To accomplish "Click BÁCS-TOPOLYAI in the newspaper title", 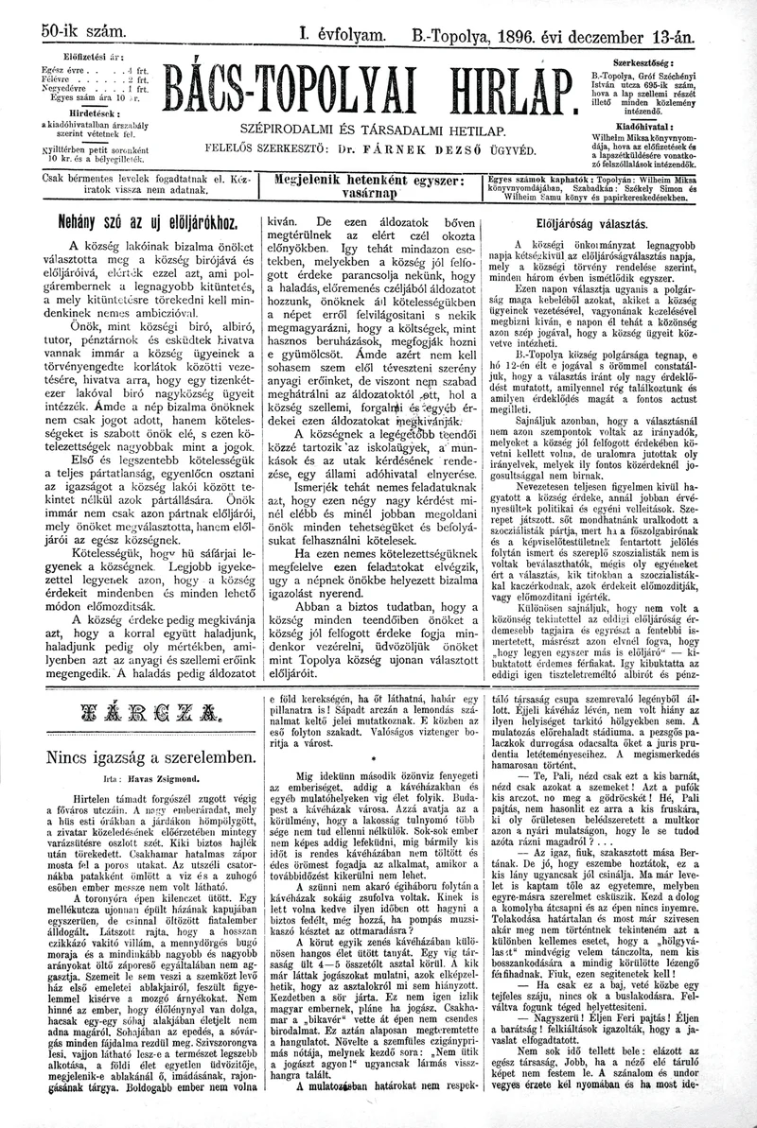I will (301, 92).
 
